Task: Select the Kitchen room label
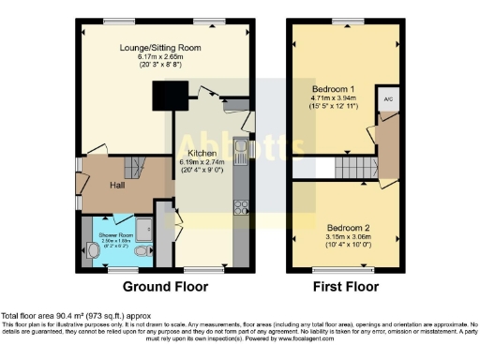tap(202, 153)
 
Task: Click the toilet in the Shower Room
tap(141, 251)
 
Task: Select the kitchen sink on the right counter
tap(241, 147)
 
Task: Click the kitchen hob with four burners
tap(240, 208)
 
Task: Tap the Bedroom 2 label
tap(348, 227)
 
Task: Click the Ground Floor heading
tap(158, 286)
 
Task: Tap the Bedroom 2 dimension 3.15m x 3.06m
tap(348, 237)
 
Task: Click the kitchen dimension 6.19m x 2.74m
tap(202, 163)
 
